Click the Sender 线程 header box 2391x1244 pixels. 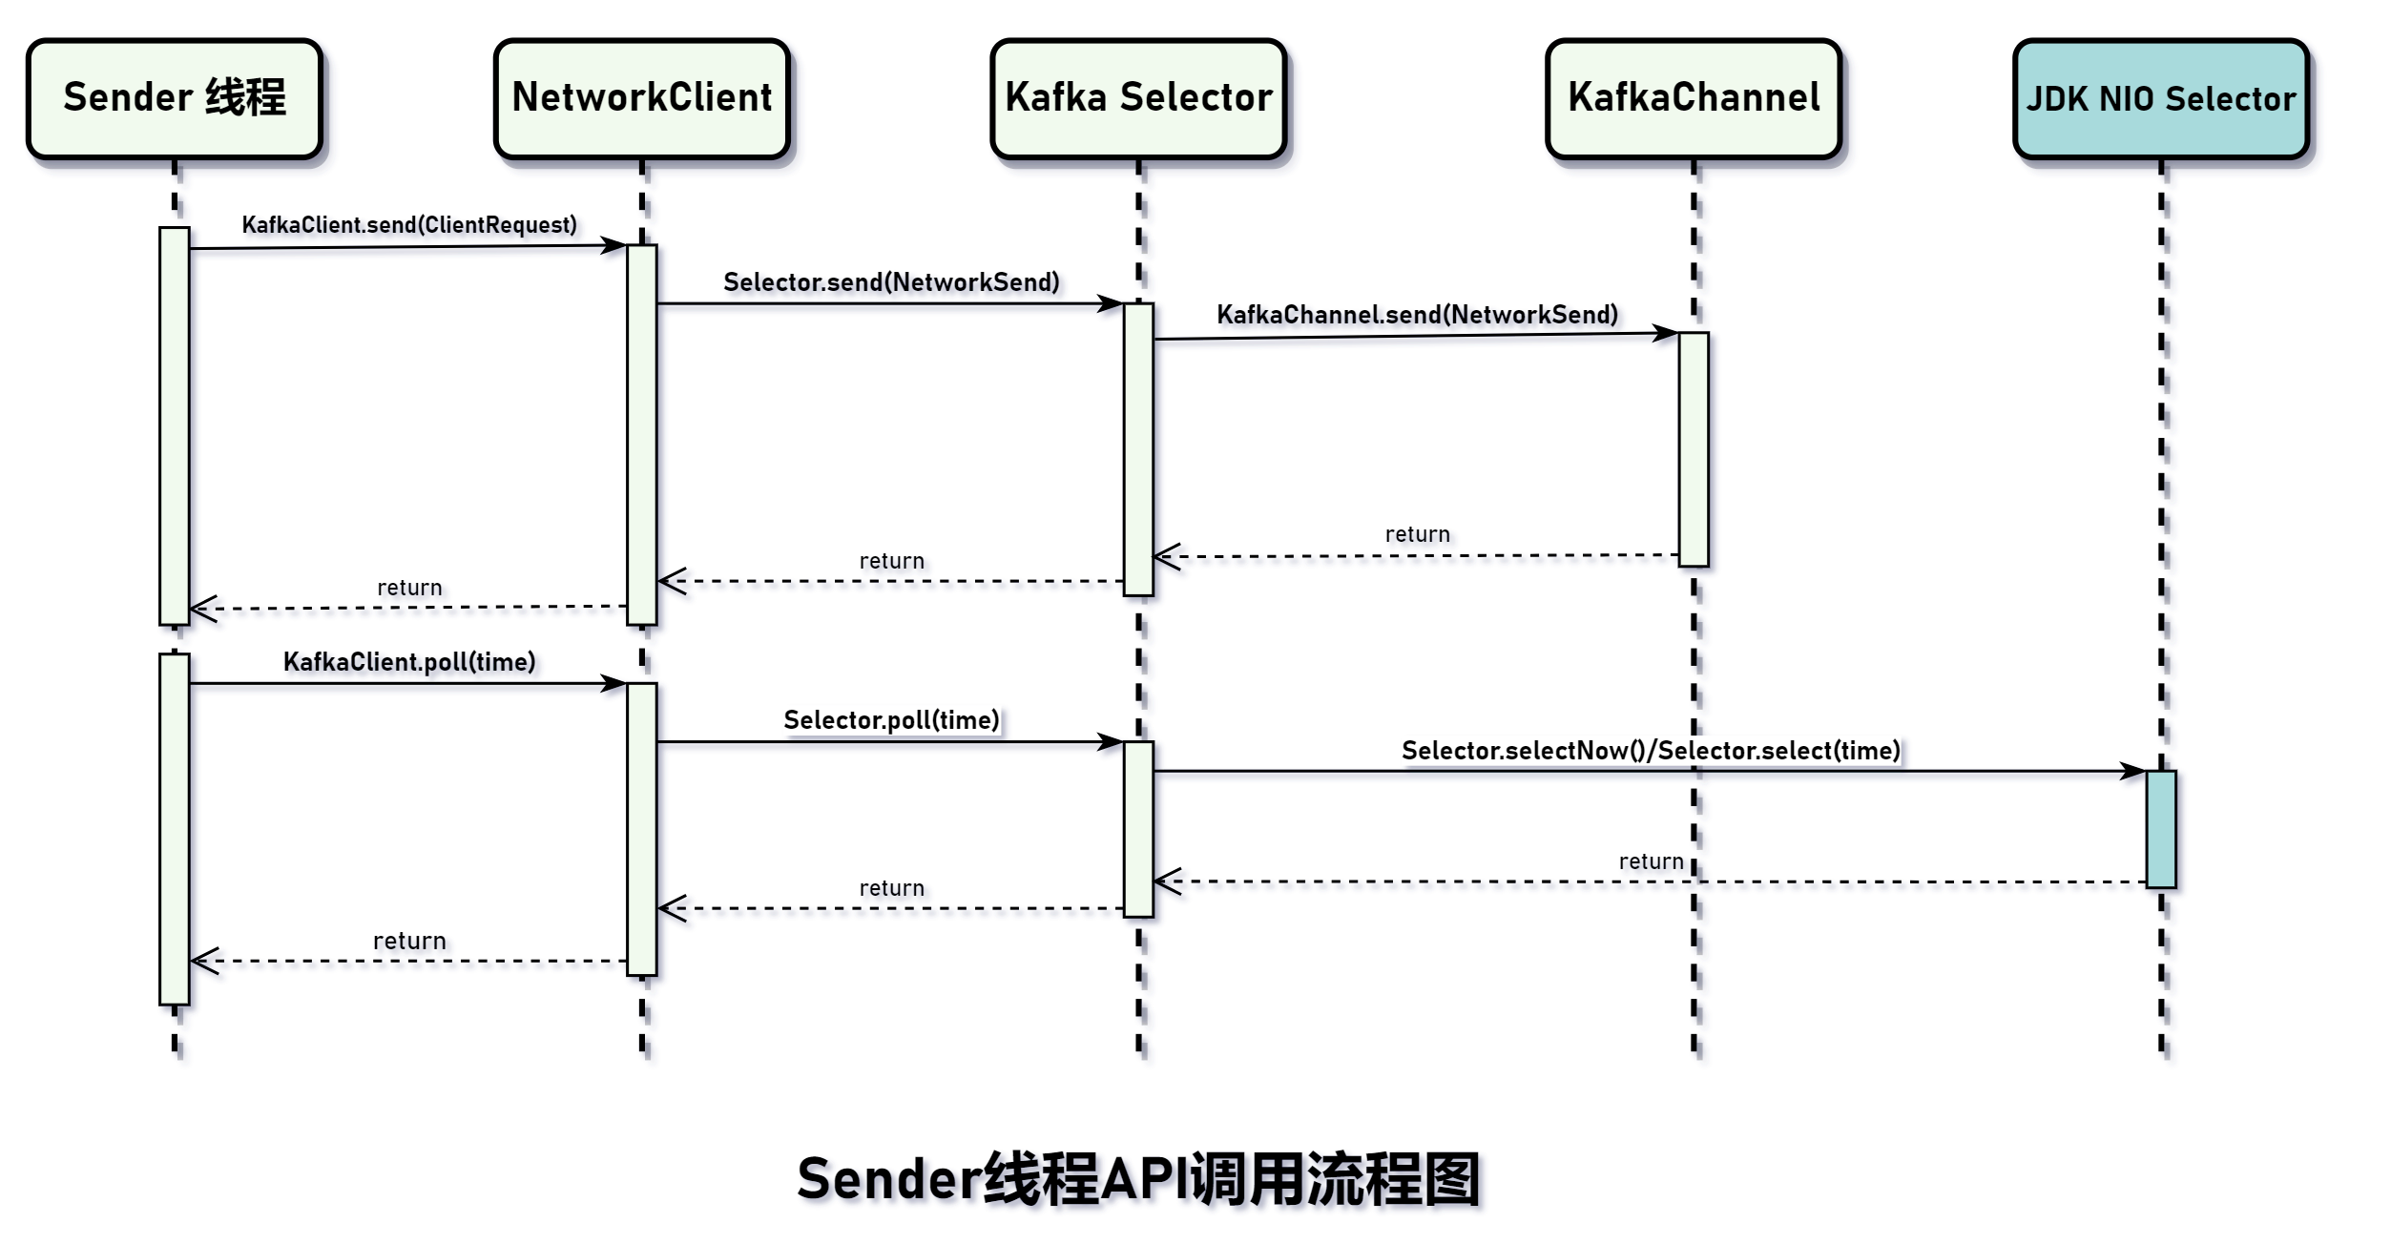pyautogui.click(x=175, y=98)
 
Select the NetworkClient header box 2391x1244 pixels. pyautogui.click(x=641, y=98)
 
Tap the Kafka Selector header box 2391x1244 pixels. pyautogui.click(x=1138, y=98)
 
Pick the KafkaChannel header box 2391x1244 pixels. pyautogui.click(x=1694, y=98)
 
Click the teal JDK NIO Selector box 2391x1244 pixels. pyautogui.click(x=2160, y=98)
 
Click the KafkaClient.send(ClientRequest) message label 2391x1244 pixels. pyautogui.click(x=409, y=225)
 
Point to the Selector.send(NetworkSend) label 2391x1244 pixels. pyautogui.click(x=891, y=282)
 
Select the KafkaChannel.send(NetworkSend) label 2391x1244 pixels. pyautogui.click(x=1417, y=315)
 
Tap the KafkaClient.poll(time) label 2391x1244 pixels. pyautogui.click(x=409, y=662)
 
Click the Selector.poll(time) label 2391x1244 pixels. pyautogui.click(x=891, y=720)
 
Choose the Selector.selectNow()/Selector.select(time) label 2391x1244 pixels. pyautogui.click(x=1651, y=751)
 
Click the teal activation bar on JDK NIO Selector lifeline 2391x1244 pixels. pyautogui.click(x=2160, y=829)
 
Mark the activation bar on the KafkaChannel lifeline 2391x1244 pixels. pyautogui.click(x=1694, y=448)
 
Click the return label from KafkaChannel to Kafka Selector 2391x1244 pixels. pyautogui.click(x=1417, y=534)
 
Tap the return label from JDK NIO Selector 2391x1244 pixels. pyautogui.click(x=1651, y=861)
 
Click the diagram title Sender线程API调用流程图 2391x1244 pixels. pyautogui.click(x=1138, y=1179)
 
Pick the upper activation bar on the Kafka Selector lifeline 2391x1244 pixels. pyautogui.click(x=1138, y=448)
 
